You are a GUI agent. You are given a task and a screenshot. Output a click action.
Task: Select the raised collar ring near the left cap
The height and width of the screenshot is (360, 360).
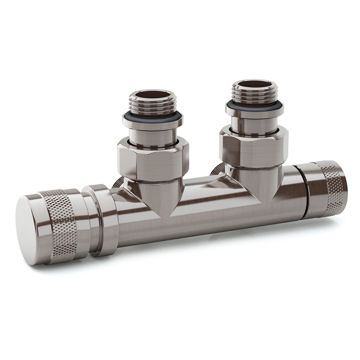[x=103, y=220]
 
